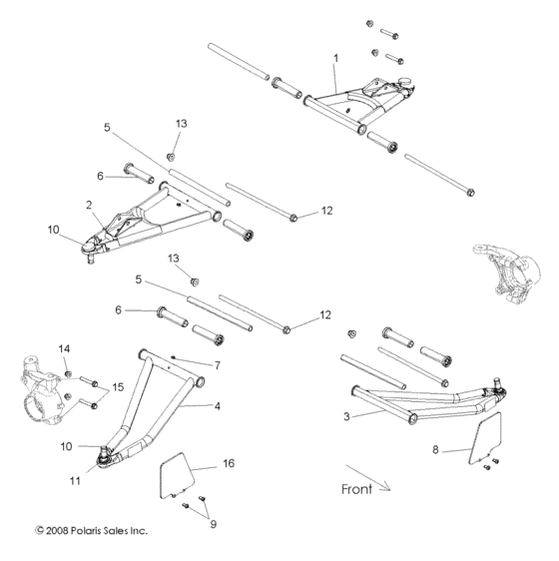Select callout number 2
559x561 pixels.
click(89, 205)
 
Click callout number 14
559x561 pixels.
click(65, 347)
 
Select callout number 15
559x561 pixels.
click(118, 385)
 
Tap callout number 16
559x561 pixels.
click(229, 463)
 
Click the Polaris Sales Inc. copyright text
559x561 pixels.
click(91, 531)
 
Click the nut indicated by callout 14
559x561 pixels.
click(68, 374)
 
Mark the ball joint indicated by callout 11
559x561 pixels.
click(102, 458)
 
